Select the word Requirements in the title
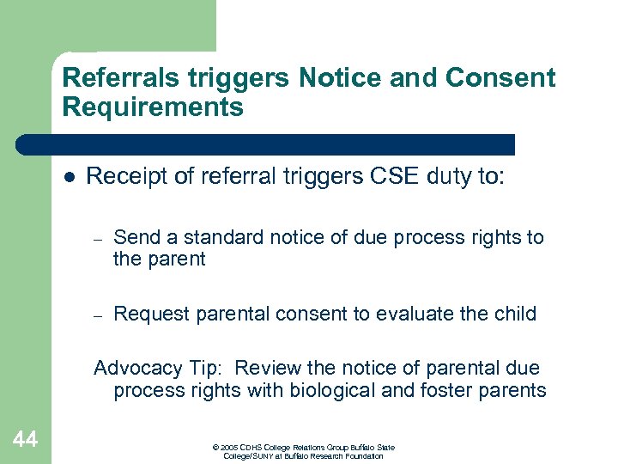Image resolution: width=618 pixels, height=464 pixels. point(153,107)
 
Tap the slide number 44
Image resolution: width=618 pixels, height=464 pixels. point(26,440)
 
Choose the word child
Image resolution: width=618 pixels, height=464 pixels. point(512,314)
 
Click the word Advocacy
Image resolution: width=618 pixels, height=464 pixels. point(137,369)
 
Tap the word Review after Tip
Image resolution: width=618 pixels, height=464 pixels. point(267,368)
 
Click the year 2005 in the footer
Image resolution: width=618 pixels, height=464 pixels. point(228,448)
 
